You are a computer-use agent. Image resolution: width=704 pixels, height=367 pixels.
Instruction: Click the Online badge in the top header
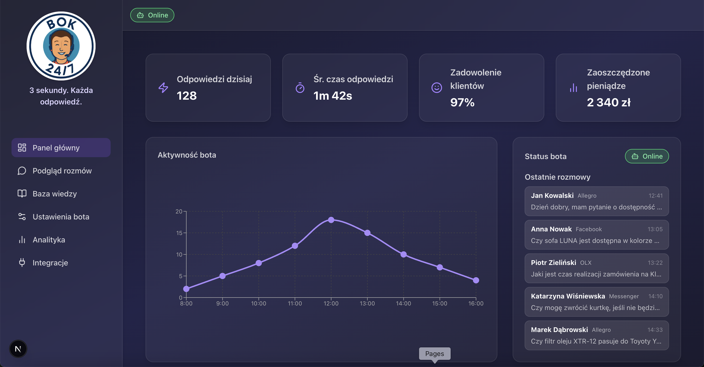152,15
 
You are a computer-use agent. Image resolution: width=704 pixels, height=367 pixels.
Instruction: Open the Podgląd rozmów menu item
62,171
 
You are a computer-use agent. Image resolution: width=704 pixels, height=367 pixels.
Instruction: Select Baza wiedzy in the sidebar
54,194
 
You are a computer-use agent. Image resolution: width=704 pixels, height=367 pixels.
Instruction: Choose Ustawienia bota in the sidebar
61,217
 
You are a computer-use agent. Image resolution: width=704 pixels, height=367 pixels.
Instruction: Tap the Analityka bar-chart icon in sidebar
22,240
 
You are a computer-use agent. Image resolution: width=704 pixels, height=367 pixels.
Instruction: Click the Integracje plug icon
22,263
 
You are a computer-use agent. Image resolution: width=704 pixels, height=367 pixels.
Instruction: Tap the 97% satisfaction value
462,103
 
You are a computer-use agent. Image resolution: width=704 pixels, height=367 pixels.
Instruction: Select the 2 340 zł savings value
609,103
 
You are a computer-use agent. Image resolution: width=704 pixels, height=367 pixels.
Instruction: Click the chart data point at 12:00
331,220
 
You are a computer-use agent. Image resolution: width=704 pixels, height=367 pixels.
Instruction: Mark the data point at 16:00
476,280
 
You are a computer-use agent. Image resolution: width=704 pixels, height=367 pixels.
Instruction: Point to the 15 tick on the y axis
179,233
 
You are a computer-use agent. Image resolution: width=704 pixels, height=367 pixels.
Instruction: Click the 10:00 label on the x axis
259,303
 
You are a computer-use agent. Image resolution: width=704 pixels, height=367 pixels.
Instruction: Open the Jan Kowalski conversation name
552,195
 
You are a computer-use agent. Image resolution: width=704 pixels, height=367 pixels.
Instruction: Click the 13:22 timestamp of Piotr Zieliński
655,263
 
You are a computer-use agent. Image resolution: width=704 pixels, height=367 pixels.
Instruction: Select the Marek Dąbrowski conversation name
559,330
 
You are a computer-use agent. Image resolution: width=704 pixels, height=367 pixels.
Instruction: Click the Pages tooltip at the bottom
435,354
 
